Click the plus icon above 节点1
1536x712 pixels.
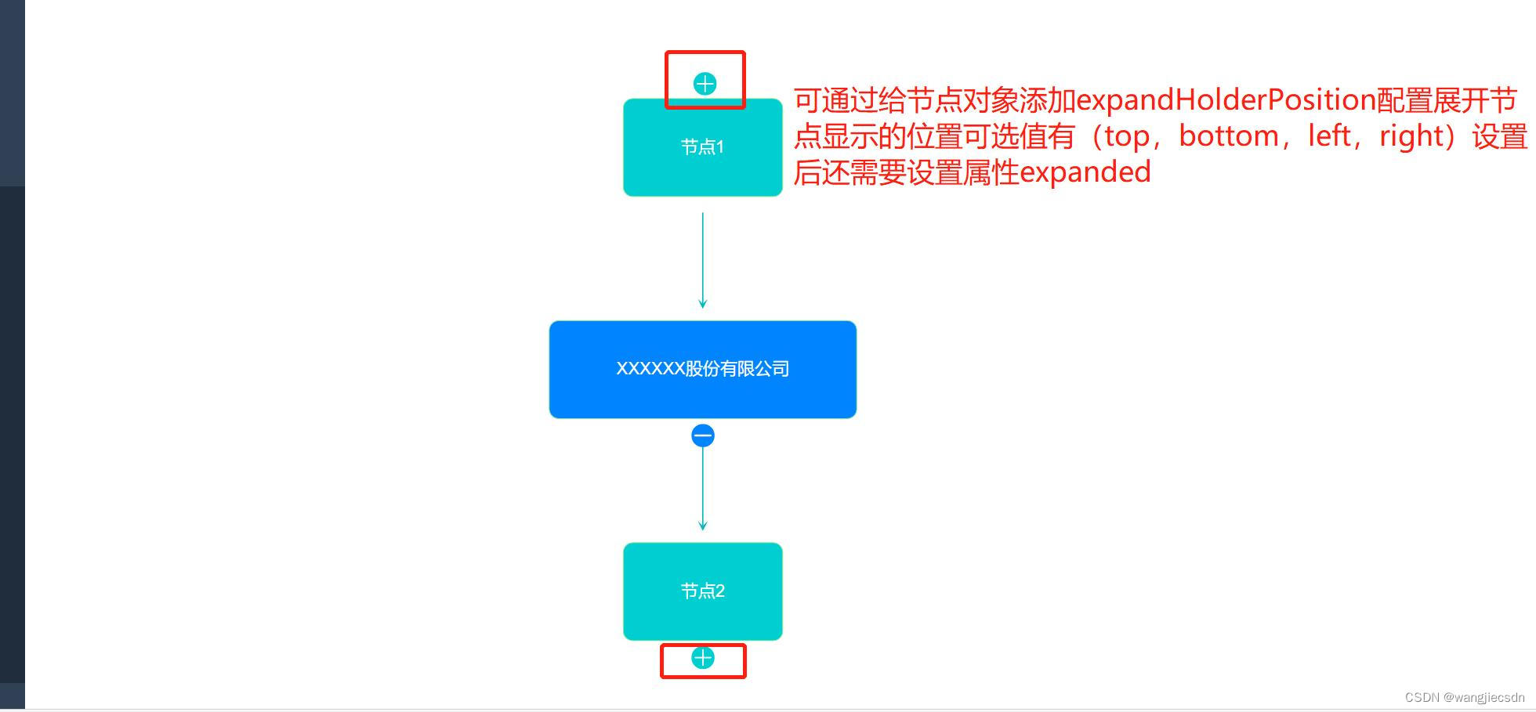pos(705,84)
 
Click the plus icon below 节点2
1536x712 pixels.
pos(703,658)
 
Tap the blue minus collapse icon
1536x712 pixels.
pos(703,436)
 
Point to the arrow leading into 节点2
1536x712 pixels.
pos(703,486)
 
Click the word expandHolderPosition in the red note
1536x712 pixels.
pos(1226,100)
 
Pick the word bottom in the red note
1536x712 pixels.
pos(1228,136)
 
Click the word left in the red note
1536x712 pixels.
pos(1329,136)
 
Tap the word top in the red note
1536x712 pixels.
pos(1126,137)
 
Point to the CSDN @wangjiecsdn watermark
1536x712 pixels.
pos(1464,698)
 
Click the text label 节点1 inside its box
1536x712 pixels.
pos(702,147)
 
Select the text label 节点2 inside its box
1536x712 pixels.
pos(702,591)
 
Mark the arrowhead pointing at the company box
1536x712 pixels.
pos(703,304)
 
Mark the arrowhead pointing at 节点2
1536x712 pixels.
pos(703,526)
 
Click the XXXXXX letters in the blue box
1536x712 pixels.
pos(650,369)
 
